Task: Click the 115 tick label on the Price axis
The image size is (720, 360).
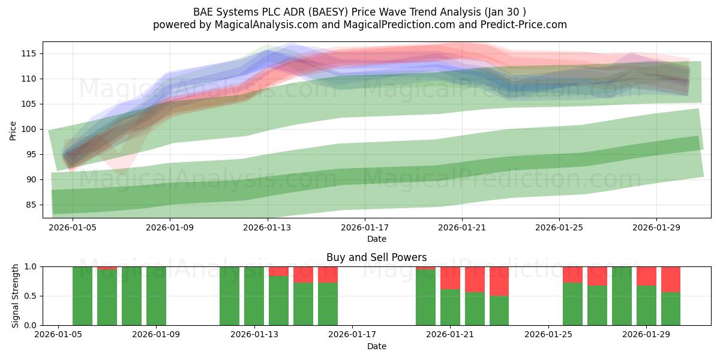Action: click(x=29, y=53)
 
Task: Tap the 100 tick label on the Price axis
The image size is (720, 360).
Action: click(x=29, y=129)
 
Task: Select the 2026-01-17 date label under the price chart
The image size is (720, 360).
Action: click(x=365, y=227)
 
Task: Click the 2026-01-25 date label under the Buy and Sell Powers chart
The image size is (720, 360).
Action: click(x=548, y=334)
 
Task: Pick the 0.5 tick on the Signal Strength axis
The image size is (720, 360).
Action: click(x=31, y=296)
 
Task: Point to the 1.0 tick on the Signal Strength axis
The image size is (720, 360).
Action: click(x=31, y=267)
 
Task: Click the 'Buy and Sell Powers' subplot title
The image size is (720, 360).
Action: click(x=377, y=257)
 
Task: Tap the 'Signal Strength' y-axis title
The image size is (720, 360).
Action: click(x=15, y=296)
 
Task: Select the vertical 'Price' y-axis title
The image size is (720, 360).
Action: click(x=13, y=131)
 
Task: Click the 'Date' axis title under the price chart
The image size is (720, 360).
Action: click(x=377, y=239)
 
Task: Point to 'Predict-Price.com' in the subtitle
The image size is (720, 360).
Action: click(x=524, y=25)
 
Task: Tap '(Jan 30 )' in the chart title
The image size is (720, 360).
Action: click(x=505, y=12)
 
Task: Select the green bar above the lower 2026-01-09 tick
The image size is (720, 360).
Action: click(x=156, y=296)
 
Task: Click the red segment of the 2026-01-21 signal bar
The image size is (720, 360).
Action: click(x=451, y=278)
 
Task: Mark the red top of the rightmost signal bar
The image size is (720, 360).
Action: click(x=671, y=280)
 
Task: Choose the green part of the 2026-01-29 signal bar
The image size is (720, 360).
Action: click(x=646, y=305)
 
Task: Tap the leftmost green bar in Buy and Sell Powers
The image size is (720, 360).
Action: click(x=82, y=296)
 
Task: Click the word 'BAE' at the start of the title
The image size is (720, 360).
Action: click(x=203, y=12)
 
